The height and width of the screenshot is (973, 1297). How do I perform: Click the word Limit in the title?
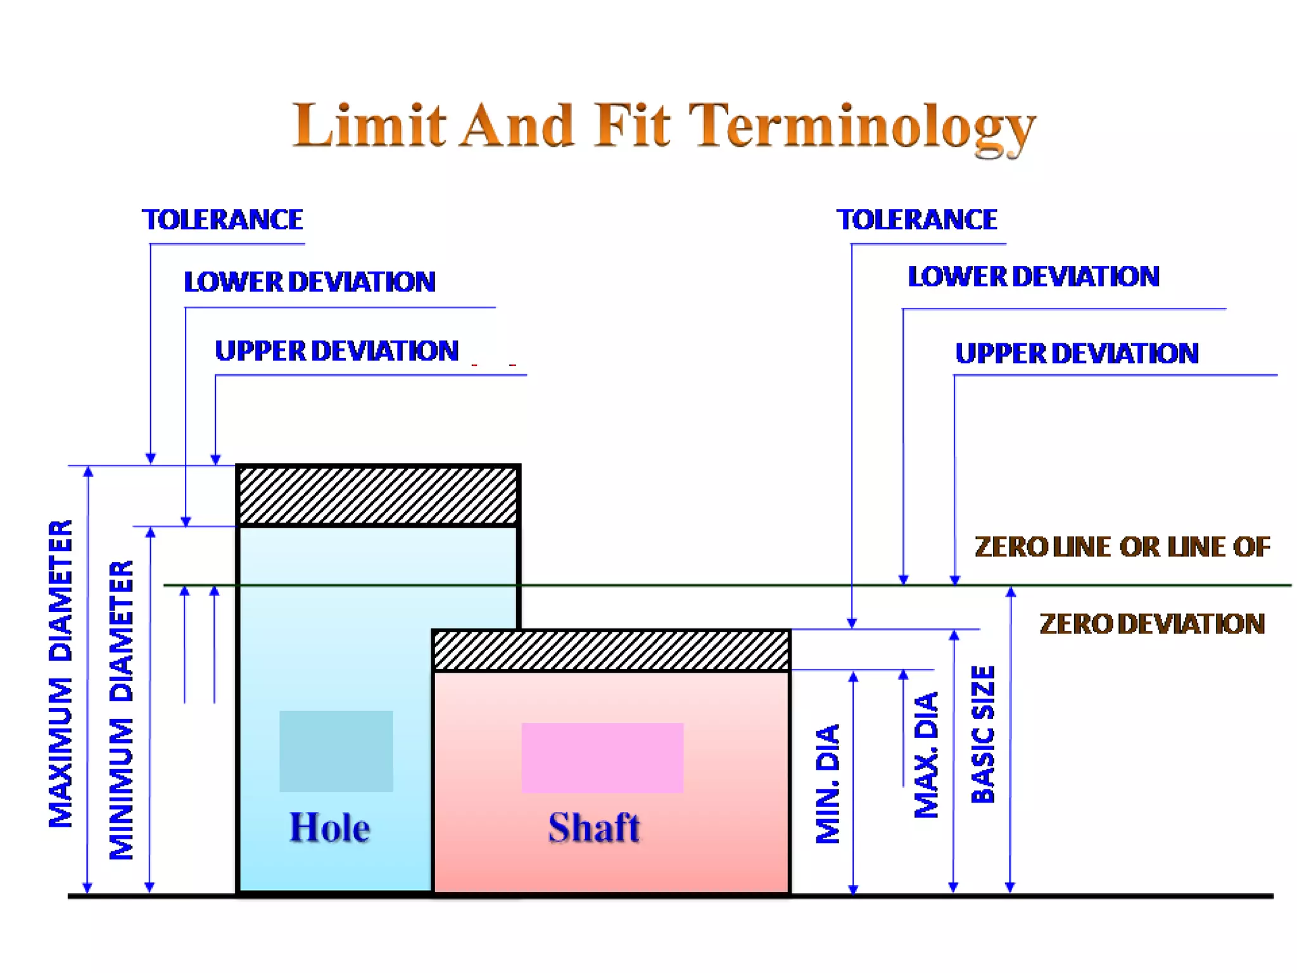point(369,125)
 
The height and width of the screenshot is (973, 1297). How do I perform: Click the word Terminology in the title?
point(862,127)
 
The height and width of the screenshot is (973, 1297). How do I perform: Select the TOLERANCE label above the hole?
point(222,220)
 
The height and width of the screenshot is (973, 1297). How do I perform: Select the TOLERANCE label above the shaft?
point(916,220)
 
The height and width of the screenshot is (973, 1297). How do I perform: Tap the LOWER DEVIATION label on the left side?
point(309,282)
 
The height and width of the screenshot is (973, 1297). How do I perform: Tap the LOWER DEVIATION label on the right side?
point(1033,277)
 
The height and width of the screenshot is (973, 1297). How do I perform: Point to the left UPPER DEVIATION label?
point(336,351)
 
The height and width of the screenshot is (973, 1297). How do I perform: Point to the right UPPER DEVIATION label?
point(1077,353)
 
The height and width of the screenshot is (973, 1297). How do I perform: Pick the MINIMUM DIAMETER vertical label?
point(121,709)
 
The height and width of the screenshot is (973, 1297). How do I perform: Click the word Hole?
point(329,827)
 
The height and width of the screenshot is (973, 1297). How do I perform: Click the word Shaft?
point(594,827)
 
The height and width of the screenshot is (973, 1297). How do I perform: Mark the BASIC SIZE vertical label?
point(983,734)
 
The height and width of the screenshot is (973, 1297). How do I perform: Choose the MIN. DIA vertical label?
point(827,784)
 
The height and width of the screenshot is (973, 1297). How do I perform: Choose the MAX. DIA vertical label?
point(926,754)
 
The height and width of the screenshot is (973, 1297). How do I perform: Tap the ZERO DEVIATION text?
point(1152,624)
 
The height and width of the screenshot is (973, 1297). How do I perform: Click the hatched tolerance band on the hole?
point(378,495)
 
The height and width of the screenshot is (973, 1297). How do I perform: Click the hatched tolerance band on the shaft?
point(611,650)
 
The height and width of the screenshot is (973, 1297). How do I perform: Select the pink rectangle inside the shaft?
point(602,758)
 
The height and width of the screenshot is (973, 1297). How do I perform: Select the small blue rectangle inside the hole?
point(336,751)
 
